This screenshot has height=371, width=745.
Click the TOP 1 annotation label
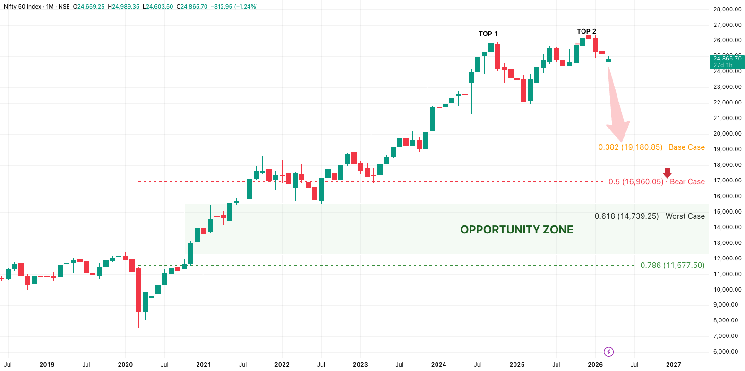point(488,34)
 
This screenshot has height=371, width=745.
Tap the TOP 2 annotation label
point(586,31)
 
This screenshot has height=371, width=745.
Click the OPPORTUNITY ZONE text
point(516,230)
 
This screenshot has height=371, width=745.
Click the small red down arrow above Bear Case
point(667,173)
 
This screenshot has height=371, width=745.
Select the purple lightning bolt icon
point(608,352)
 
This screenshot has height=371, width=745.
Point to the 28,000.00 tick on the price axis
point(727,9)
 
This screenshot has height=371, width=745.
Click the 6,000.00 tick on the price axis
point(725,352)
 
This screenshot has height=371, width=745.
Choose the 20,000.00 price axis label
point(727,134)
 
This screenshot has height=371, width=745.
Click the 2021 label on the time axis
point(204,364)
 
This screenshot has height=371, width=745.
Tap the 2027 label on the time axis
point(673,364)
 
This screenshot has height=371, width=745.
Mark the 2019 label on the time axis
point(47,364)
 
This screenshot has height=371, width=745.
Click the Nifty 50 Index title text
point(22,7)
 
